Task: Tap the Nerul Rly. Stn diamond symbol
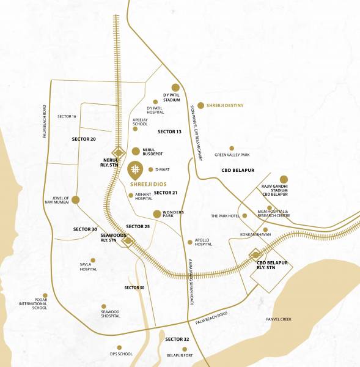point(118,153)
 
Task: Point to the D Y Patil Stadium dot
point(175,87)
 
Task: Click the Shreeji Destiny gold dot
point(200,105)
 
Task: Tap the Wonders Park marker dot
point(157,213)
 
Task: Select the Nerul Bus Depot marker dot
point(136,151)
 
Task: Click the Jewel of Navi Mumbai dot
point(76,199)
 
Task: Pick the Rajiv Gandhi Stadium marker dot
point(284,179)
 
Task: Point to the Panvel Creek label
point(279,319)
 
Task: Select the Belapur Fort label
point(180,355)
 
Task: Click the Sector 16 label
point(67,116)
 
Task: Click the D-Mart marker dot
point(150,169)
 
